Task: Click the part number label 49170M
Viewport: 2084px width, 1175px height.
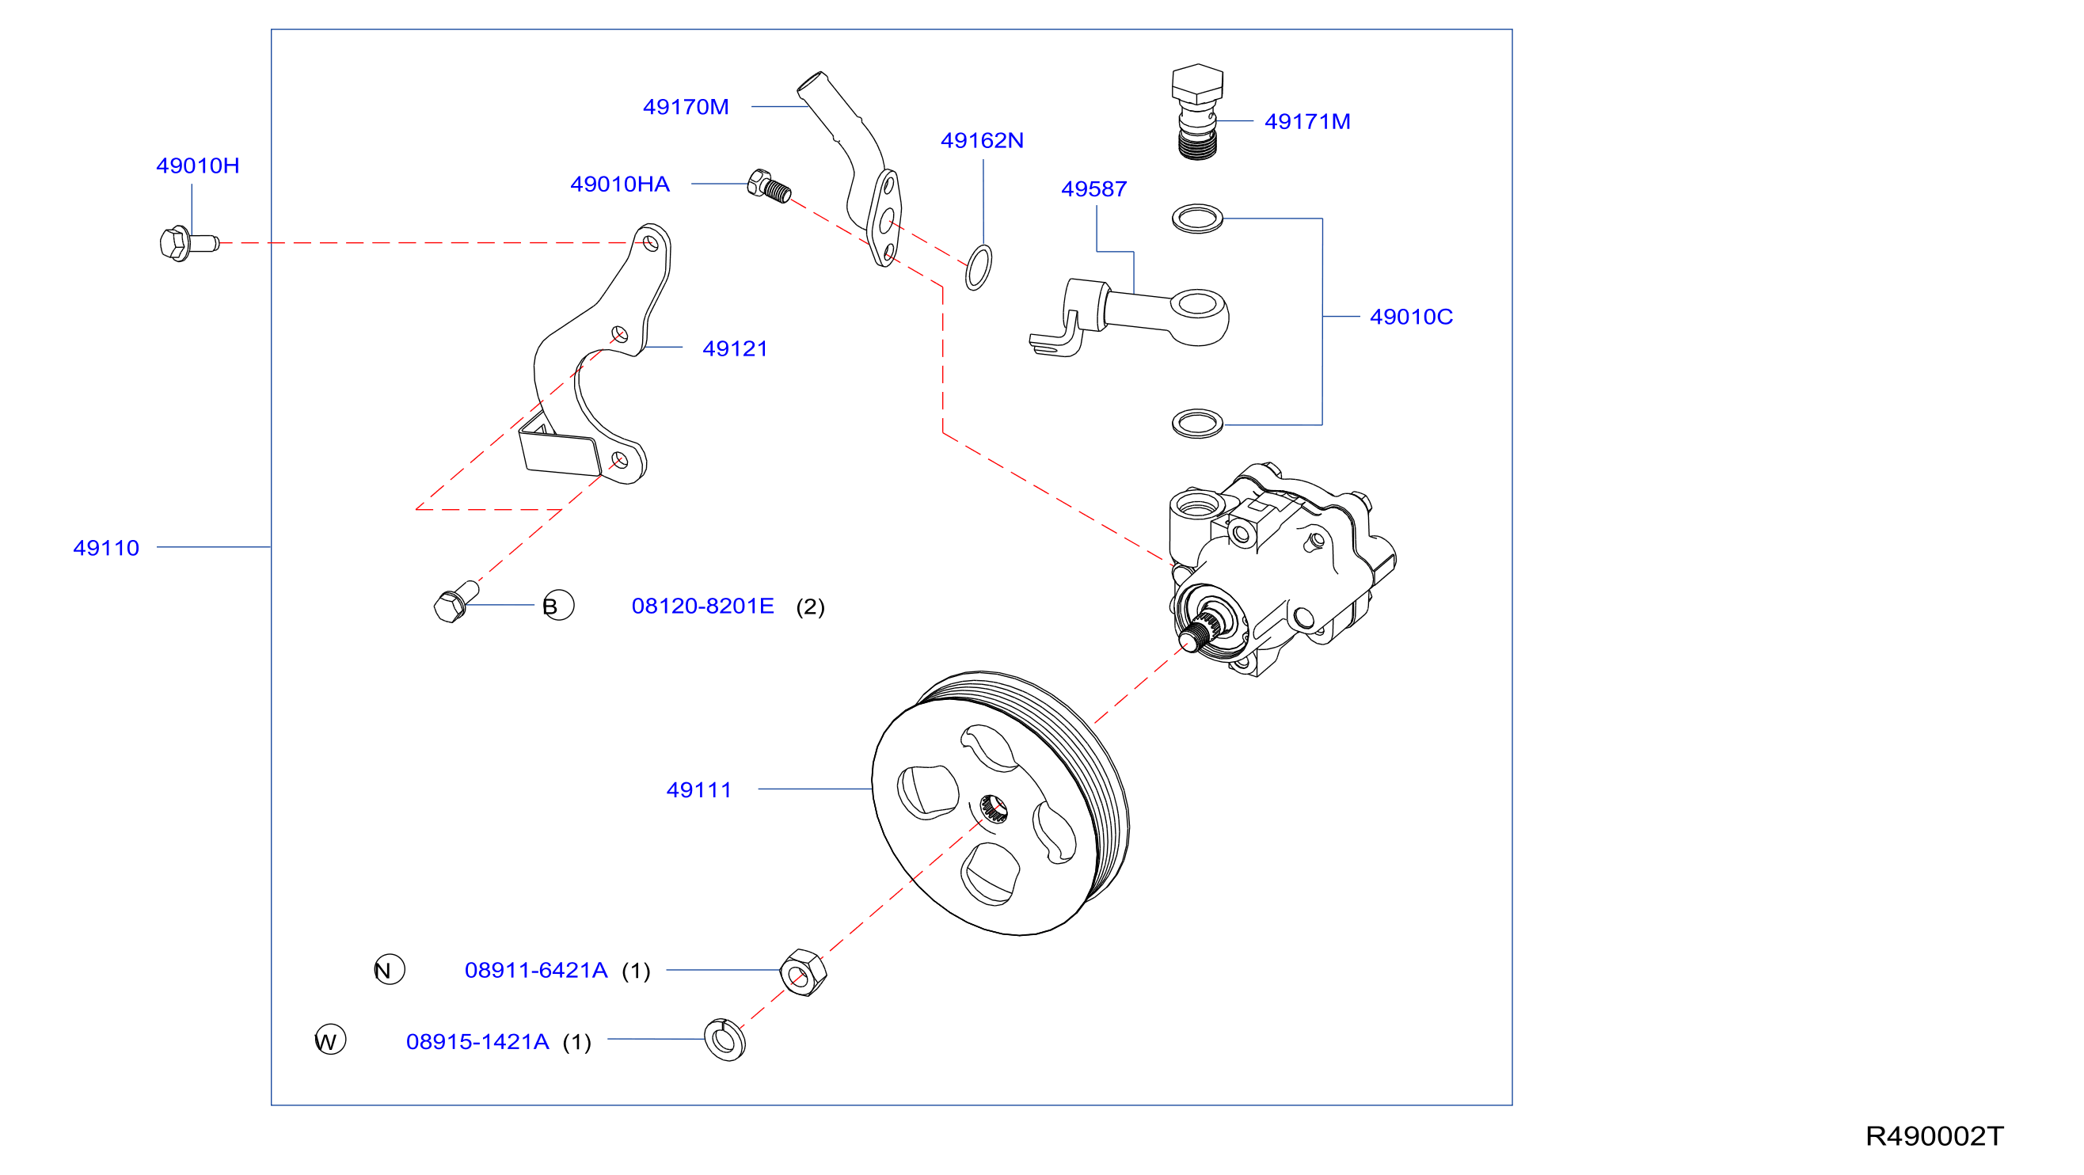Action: coord(685,107)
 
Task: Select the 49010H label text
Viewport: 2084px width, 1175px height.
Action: coord(197,166)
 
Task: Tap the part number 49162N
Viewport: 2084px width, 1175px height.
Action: coord(981,141)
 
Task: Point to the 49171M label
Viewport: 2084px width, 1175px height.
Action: coord(1306,121)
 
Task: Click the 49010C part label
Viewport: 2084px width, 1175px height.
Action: coord(1411,317)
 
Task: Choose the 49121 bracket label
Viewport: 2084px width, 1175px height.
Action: coord(735,348)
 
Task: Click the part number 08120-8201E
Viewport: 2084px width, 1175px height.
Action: coord(702,607)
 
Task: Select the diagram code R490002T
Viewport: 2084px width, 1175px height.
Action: coord(1934,1136)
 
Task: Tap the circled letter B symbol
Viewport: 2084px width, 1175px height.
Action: coord(558,605)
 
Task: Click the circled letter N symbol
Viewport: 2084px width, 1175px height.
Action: coord(389,969)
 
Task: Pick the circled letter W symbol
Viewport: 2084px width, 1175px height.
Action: coord(330,1040)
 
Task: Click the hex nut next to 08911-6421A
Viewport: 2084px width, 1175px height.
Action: coord(803,972)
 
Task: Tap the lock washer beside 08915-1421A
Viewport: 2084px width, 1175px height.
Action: coord(724,1040)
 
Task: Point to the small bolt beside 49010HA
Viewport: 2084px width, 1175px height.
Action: coord(769,186)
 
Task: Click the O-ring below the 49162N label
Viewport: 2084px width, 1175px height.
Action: coord(978,268)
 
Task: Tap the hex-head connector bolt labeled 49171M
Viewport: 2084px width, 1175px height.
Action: coord(1196,112)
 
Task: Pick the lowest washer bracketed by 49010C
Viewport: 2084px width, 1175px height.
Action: coord(1197,424)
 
